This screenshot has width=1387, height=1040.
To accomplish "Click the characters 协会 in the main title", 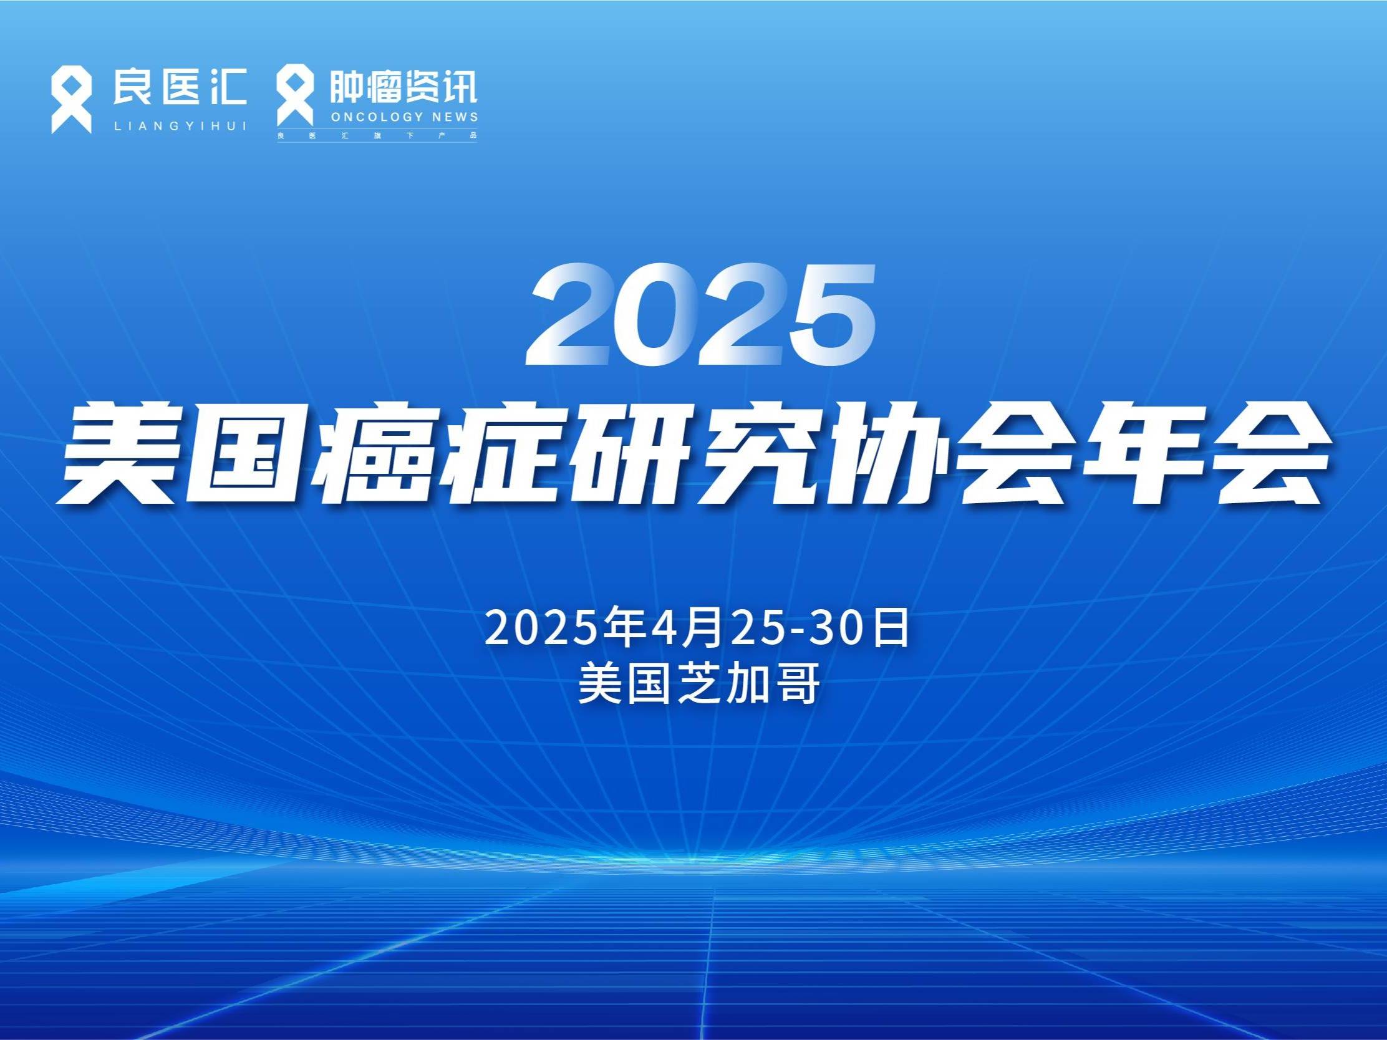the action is coord(948,453).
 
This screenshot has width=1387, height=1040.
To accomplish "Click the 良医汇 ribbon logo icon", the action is coord(71,101).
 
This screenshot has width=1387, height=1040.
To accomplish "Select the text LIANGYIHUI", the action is coord(180,127).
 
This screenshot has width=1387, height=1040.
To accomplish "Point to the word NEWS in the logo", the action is coord(455,117).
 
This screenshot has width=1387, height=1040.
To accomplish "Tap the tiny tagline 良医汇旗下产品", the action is coord(377,135).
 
